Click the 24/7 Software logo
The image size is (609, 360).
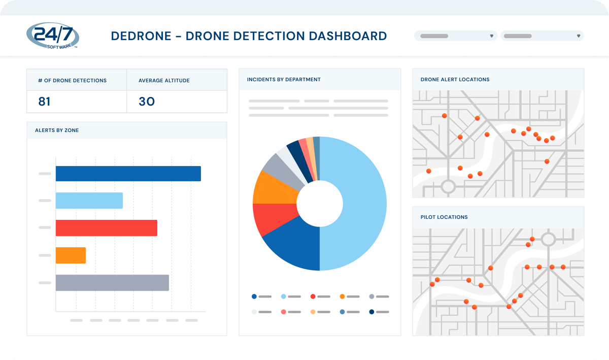(x=52, y=36)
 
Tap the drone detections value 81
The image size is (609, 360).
(x=44, y=102)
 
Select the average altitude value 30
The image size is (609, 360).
(x=147, y=102)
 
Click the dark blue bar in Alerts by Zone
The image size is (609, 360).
(x=128, y=174)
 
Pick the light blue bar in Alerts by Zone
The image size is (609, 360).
(x=89, y=201)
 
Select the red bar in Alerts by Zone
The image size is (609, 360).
(x=106, y=228)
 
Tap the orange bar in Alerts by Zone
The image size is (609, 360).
(x=71, y=255)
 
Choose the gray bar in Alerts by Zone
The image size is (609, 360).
(x=112, y=283)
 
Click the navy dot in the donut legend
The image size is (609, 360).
(x=371, y=312)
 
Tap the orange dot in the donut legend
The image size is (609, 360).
(x=342, y=297)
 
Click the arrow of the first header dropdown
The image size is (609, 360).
(x=492, y=36)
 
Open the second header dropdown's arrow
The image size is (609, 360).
(x=579, y=36)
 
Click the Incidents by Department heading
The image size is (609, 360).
(x=284, y=79)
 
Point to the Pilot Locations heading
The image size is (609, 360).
(x=444, y=217)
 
